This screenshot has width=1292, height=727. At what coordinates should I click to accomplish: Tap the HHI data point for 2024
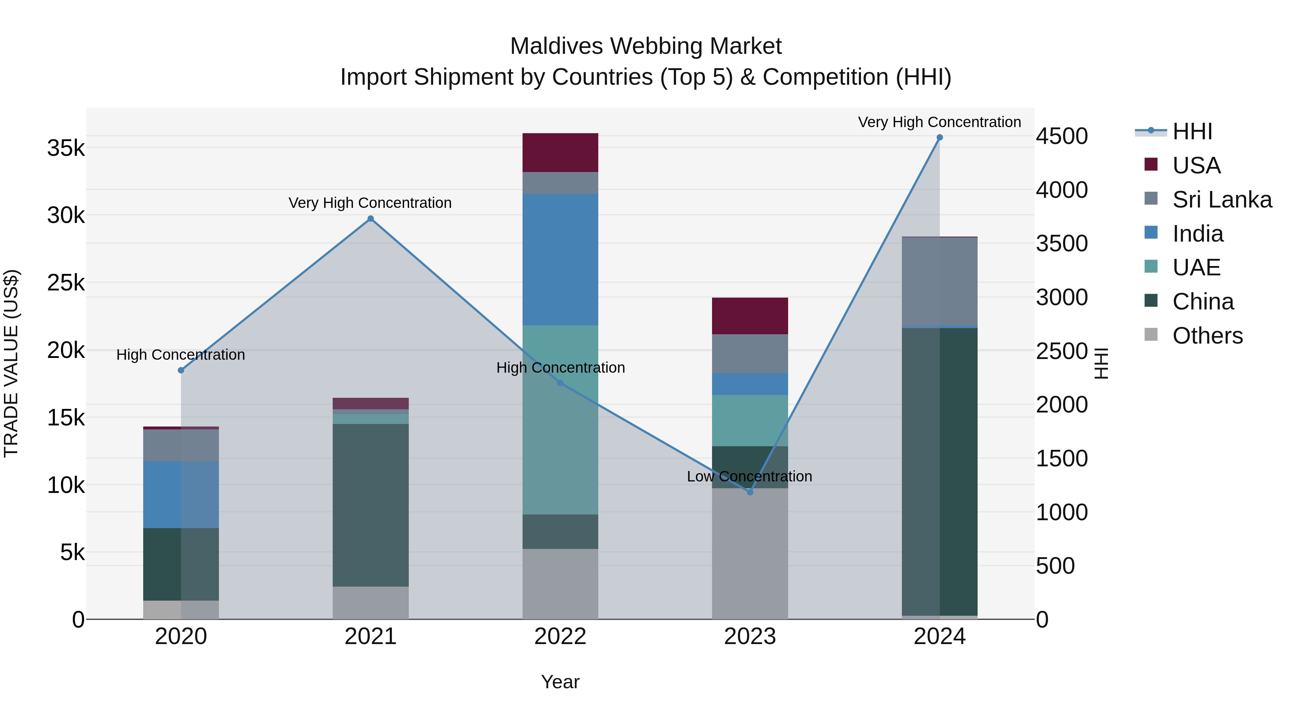940,138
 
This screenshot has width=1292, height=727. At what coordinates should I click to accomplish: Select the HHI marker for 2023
750,492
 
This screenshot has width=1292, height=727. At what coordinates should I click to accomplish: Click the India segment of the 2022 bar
560,260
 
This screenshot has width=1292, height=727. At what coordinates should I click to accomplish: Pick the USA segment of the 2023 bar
750,316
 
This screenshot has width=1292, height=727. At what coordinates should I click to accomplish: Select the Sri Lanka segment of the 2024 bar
940,281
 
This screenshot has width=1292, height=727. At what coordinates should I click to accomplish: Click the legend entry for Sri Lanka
1222,200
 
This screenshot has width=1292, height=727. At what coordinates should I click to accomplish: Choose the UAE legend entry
1196,267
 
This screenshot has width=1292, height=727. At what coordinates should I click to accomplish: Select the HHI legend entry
1192,131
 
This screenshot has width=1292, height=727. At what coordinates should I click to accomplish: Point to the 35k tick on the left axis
66,149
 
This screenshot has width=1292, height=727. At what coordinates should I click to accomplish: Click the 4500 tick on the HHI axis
1062,136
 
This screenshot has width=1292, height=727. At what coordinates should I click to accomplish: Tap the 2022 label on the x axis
560,637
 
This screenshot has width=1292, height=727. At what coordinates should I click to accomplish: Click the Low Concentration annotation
749,476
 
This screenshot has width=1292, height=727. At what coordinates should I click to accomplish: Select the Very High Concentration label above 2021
370,203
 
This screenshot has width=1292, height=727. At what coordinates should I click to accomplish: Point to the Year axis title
560,682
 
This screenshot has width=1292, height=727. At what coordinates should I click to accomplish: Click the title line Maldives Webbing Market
646,46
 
